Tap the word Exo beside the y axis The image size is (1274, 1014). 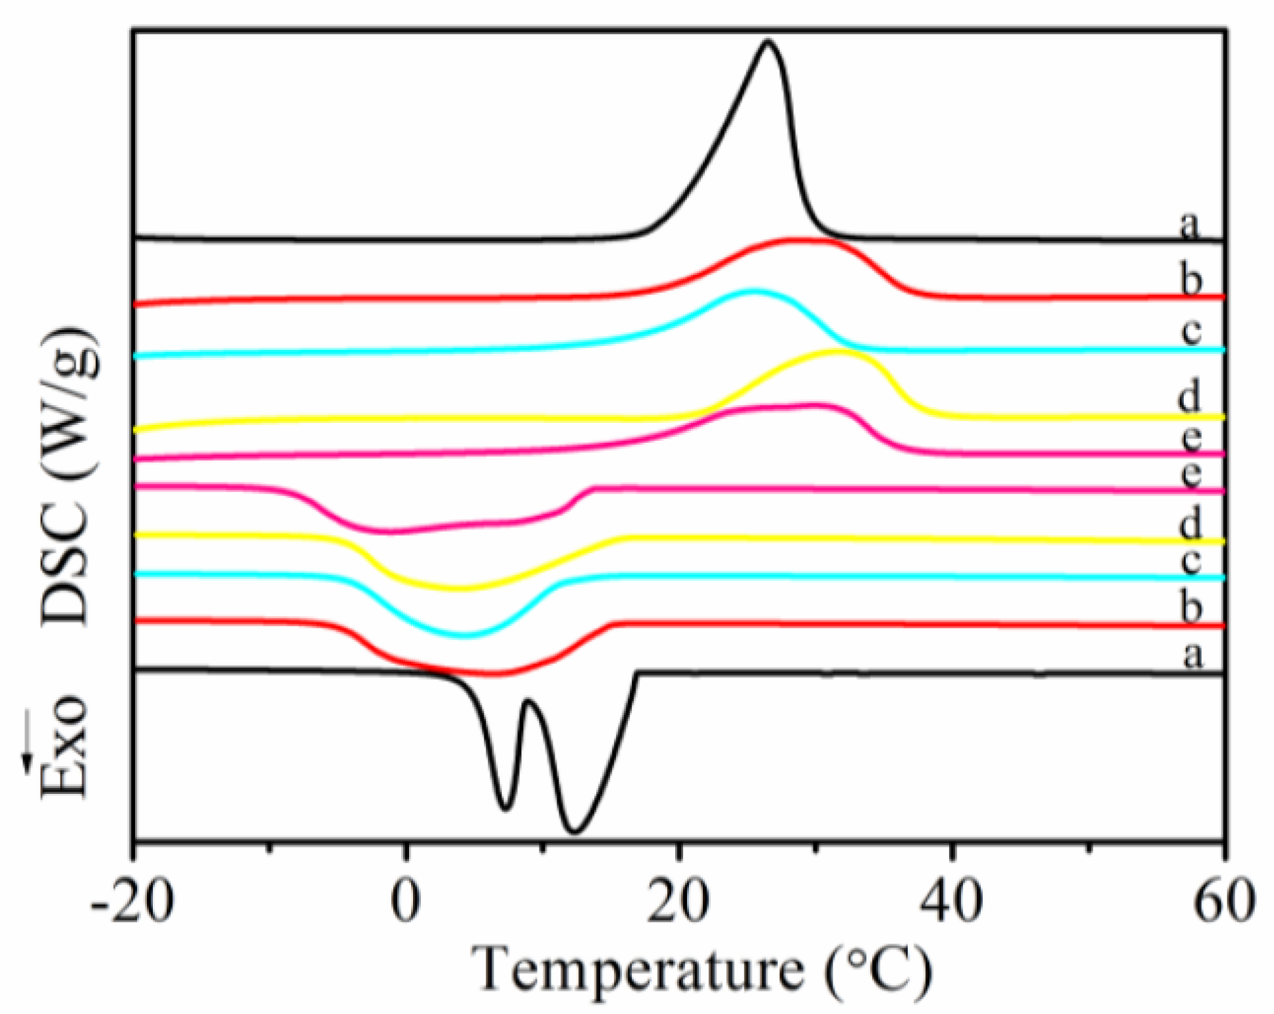tap(66, 748)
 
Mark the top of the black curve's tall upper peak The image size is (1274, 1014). tap(767, 41)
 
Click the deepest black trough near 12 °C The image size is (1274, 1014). tap(574, 832)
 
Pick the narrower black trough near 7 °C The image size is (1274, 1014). tap(505, 808)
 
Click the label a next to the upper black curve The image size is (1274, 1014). tap(1189, 225)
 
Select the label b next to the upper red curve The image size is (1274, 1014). tap(1191, 280)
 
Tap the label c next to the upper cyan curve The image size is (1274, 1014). tap(1191, 331)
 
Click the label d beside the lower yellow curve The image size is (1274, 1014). tap(1190, 525)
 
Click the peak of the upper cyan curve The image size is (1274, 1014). tap(752, 291)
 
